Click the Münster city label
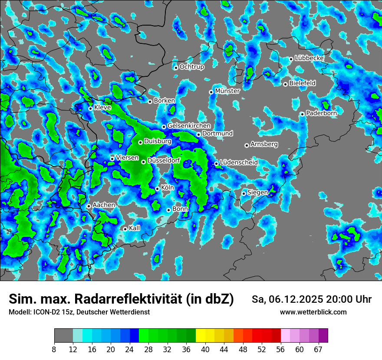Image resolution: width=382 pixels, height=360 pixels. (227, 91)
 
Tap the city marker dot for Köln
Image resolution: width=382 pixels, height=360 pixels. (157, 189)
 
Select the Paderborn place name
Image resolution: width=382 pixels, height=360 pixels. (321, 113)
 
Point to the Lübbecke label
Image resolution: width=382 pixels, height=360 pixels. (309, 58)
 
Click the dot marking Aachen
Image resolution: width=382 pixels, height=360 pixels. (89, 206)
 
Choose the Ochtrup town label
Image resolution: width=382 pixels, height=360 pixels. (192, 67)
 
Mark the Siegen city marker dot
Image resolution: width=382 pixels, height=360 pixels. (244, 193)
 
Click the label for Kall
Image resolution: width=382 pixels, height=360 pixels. (135, 228)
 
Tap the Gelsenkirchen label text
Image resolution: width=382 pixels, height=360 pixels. (189, 126)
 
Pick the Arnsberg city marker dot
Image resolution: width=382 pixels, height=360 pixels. (247, 145)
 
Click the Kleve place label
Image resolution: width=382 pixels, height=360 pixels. (102, 108)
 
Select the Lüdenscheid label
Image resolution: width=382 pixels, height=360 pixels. (239, 163)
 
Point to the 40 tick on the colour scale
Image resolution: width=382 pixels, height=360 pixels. (205, 350)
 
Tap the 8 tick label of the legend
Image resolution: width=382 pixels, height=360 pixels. (54, 350)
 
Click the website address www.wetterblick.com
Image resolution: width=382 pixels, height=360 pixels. (313, 312)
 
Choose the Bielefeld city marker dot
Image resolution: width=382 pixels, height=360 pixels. (285, 84)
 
